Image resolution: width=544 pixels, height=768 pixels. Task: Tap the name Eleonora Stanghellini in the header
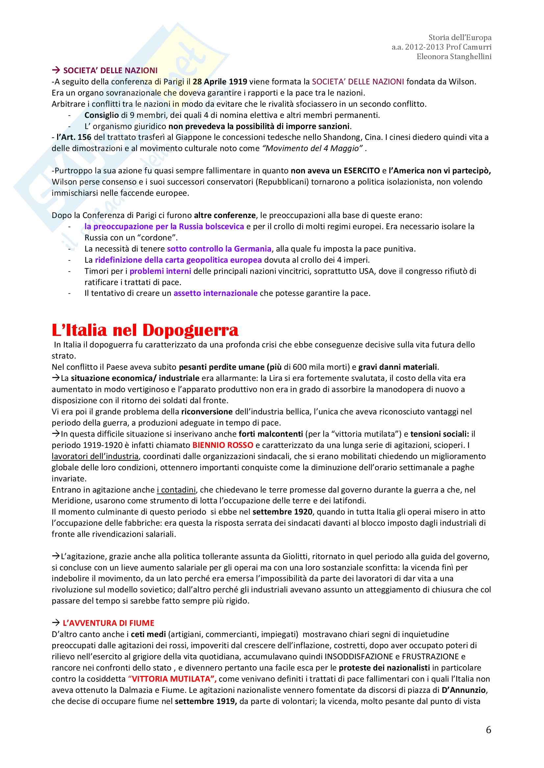[454, 56]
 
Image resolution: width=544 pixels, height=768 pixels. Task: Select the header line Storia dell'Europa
[460, 37]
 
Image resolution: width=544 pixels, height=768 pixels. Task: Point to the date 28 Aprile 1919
[220, 82]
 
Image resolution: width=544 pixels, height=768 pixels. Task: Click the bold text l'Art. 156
[74, 137]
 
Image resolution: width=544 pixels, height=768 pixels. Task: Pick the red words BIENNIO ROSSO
[222, 445]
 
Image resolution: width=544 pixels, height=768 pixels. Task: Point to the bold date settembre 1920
[282, 512]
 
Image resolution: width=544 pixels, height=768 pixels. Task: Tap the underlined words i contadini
[176, 490]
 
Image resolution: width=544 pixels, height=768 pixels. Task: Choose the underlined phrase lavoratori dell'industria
[95, 456]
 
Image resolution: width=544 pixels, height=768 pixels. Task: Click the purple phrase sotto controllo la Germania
[219, 249]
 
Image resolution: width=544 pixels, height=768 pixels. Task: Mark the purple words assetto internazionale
[215, 293]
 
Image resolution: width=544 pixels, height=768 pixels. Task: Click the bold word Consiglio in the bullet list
[102, 115]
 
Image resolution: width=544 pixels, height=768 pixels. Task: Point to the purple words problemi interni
[160, 271]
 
